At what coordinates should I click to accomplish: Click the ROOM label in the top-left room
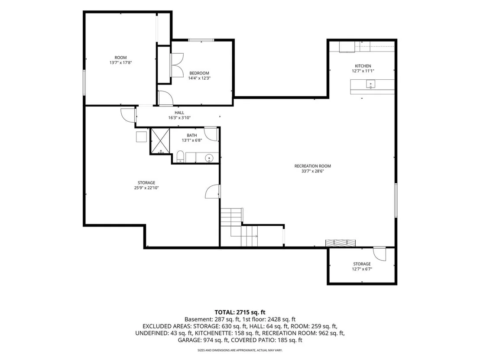tap(120, 58)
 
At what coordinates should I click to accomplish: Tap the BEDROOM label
tap(199, 73)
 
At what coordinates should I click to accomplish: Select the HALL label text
tap(179, 113)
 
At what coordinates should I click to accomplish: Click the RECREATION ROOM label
tap(312, 166)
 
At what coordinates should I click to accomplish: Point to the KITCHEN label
tap(363, 66)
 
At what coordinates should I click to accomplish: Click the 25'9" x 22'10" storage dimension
tap(146, 188)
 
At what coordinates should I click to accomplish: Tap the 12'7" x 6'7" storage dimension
tap(362, 269)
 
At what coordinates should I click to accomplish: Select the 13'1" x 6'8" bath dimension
tap(192, 140)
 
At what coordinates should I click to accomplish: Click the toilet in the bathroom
tap(180, 156)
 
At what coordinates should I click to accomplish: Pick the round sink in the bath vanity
tap(210, 158)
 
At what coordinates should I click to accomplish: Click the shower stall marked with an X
tap(160, 141)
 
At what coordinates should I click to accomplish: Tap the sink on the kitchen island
tap(370, 84)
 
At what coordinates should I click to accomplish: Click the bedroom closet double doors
tap(177, 65)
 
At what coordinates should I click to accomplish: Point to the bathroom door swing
tap(211, 134)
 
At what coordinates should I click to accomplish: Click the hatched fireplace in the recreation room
tap(341, 243)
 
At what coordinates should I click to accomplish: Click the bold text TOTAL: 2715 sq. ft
tap(240, 312)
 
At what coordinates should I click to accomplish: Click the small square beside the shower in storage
tap(141, 136)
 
